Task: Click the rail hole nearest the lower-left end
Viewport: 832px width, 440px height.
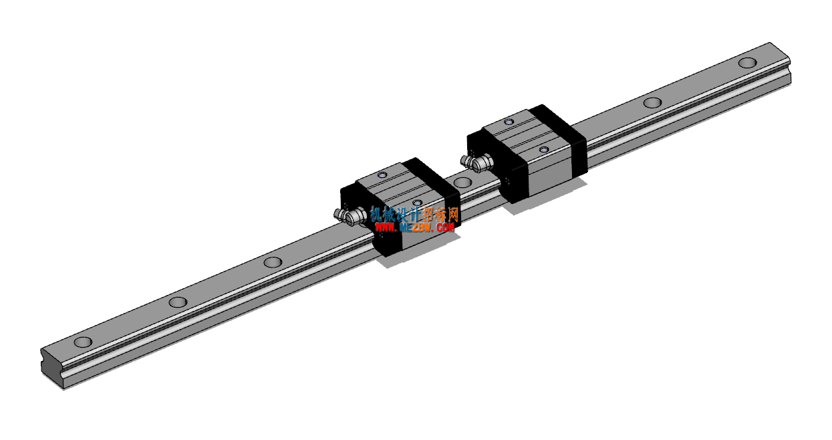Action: (83, 342)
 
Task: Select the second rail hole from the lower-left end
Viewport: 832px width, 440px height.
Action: (178, 302)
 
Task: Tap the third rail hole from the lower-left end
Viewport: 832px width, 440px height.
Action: (273, 262)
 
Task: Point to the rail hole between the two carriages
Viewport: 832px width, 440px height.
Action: (463, 182)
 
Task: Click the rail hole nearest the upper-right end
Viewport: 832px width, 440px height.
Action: (747, 62)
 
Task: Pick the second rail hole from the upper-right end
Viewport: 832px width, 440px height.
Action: (652, 102)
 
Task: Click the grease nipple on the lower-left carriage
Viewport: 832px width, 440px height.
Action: (350, 216)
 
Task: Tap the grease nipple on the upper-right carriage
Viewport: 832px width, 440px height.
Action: (476, 162)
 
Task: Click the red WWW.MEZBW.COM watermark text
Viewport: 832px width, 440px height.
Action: (414, 227)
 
